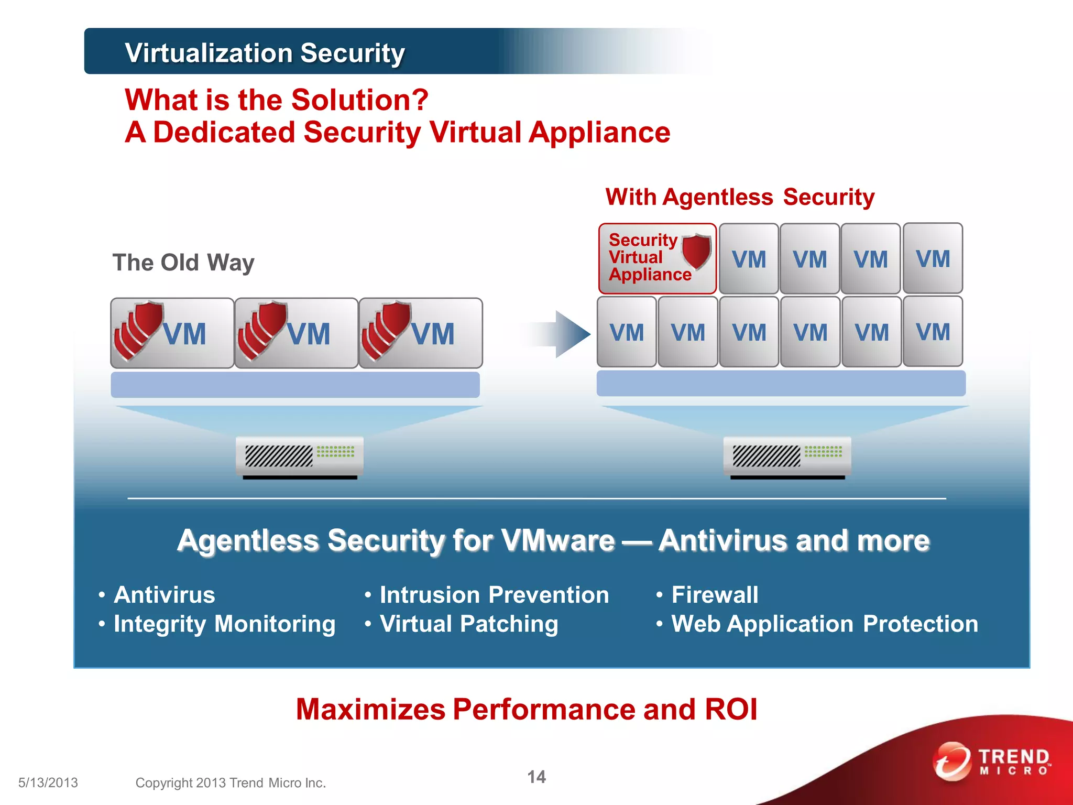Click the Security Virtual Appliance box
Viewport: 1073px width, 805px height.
(x=657, y=258)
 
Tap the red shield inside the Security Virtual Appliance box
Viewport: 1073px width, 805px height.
(x=696, y=251)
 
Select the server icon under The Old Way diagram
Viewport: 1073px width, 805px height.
(x=299, y=456)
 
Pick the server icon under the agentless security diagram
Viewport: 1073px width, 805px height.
(x=787, y=455)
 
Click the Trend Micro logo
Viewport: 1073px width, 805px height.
(x=992, y=761)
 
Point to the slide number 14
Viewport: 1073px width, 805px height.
(x=536, y=777)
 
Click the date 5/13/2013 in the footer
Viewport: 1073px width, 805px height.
(x=48, y=782)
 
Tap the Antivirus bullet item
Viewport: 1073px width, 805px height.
(x=164, y=595)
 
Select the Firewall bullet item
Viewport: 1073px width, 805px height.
(x=715, y=595)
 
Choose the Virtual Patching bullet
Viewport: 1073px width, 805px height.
(x=469, y=624)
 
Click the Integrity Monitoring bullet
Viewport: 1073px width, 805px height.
(x=224, y=624)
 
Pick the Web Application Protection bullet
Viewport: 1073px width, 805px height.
(x=825, y=624)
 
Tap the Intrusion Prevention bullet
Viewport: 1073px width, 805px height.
(x=494, y=595)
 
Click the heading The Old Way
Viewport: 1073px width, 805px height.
(x=183, y=263)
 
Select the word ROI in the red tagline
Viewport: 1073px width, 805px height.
(x=731, y=709)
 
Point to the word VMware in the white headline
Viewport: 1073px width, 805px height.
(x=557, y=540)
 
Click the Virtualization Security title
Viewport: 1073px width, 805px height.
(x=265, y=53)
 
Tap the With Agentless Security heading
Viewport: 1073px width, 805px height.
(x=740, y=197)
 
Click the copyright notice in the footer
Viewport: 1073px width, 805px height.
(x=231, y=782)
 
